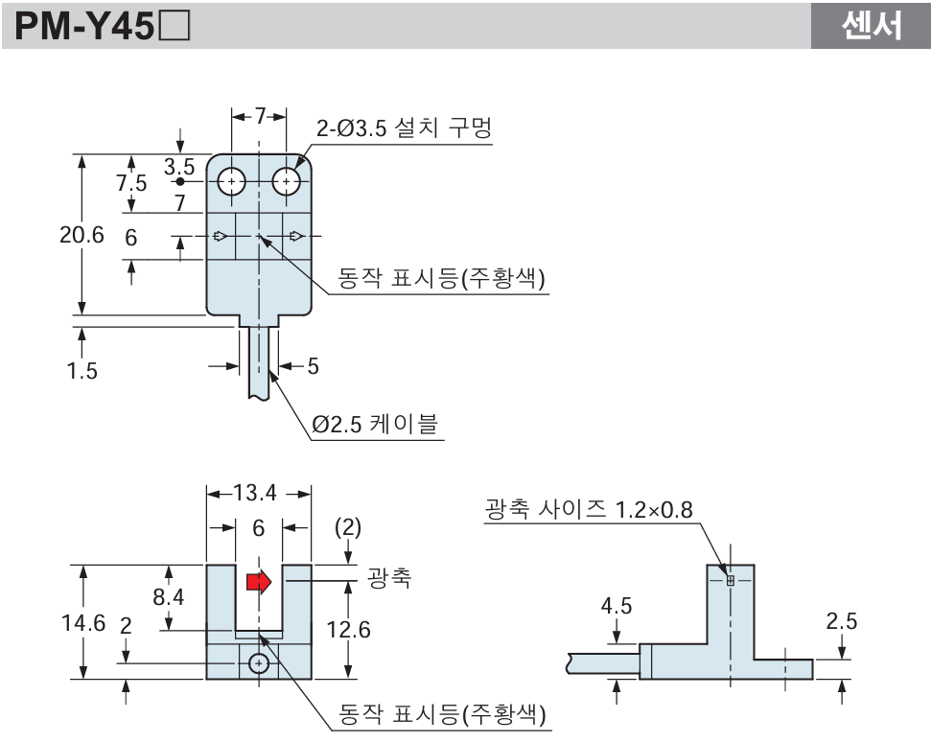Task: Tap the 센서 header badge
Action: click(871, 26)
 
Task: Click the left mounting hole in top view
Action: click(231, 180)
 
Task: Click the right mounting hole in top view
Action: click(286, 180)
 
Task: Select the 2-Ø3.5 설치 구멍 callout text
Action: click(404, 128)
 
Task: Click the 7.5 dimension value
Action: click(132, 183)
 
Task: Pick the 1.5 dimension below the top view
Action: click(82, 370)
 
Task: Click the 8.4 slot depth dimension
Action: click(170, 597)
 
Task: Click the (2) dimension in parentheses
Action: click(348, 527)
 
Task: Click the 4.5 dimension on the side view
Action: click(617, 606)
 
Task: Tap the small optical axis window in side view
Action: click(730, 580)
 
